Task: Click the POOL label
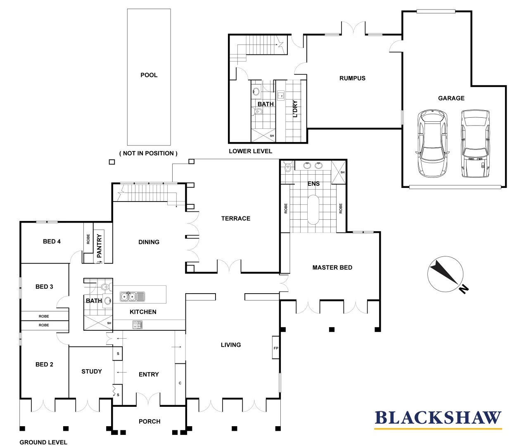point(149,75)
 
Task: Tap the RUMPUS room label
point(352,78)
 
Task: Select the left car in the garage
point(432,143)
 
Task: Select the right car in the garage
point(475,143)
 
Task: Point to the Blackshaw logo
point(438,419)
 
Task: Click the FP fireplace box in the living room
point(276,348)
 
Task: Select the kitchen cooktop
point(138,325)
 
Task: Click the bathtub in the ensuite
point(313,209)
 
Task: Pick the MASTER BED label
point(332,268)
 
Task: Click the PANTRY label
point(99,246)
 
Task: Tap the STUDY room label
point(92,372)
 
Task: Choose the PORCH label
point(149,421)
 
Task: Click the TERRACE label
point(235,218)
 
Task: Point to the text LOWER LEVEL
point(250,151)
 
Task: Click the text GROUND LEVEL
point(43,442)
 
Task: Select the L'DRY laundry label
point(295,109)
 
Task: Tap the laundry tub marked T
point(281,96)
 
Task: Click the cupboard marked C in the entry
point(180,383)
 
